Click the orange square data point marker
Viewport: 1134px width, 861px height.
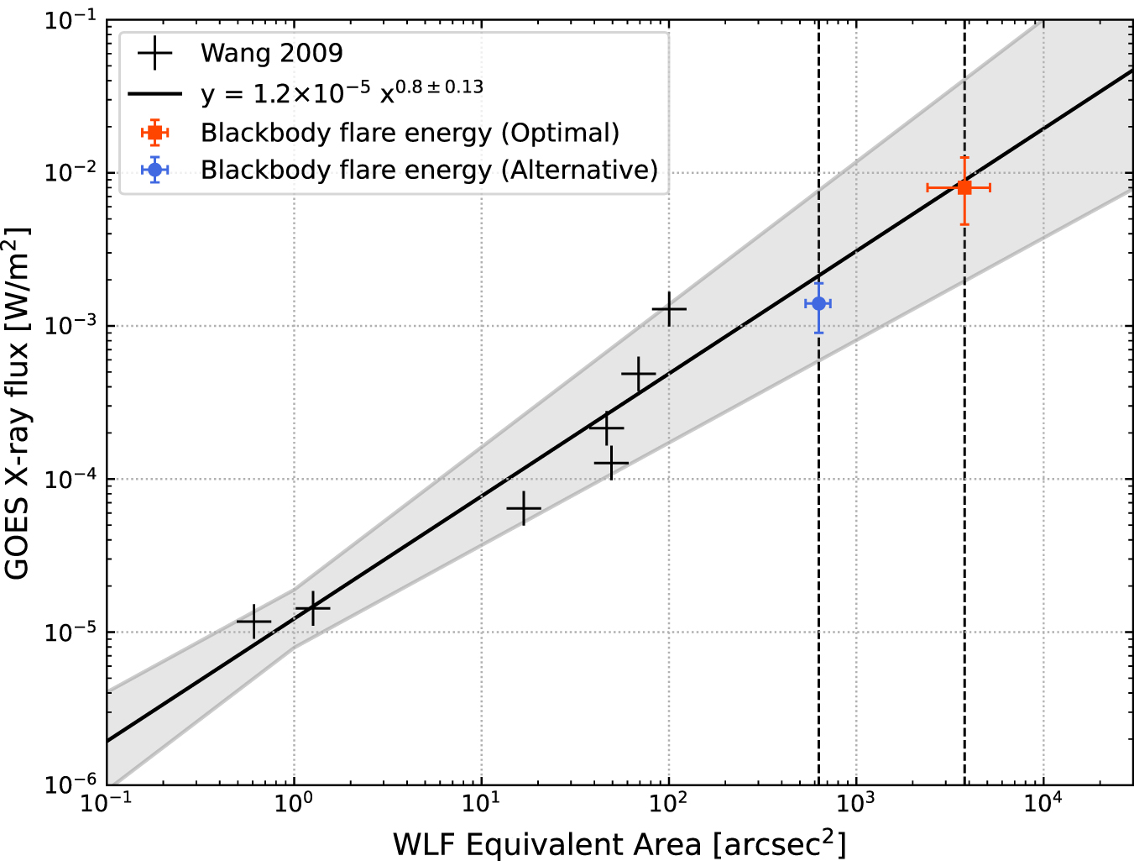click(x=964, y=187)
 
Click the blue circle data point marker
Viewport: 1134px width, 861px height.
click(x=818, y=303)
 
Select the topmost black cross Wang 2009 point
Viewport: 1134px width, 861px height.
click(x=669, y=309)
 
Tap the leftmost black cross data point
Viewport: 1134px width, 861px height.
click(x=254, y=622)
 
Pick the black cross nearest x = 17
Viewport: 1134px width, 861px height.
click(x=524, y=508)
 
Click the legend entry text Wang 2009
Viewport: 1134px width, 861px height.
click(x=271, y=53)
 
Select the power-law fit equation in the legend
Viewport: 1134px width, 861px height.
click(x=342, y=92)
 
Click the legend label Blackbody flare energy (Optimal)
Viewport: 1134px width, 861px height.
click(x=410, y=133)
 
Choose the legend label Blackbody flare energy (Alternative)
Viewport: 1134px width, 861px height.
click(x=429, y=170)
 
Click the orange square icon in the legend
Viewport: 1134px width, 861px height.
click(x=154, y=133)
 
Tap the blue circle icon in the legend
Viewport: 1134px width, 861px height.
click(x=154, y=170)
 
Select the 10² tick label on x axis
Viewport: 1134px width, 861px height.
click(x=668, y=804)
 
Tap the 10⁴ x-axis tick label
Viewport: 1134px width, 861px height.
click(x=1043, y=804)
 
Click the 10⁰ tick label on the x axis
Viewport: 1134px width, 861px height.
click(x=294, y=804)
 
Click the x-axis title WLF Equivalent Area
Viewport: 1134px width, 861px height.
click(x=619, y=843)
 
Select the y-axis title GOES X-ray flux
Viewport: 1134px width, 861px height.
click(x=18, y=403)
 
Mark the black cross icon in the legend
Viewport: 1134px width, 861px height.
click(x=154, y=53)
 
